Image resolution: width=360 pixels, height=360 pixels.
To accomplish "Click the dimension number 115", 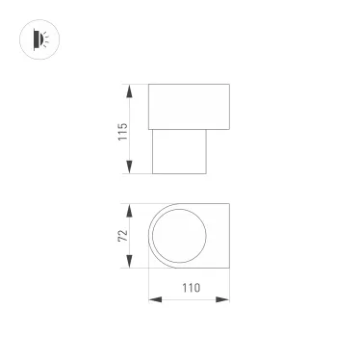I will coord(122,130).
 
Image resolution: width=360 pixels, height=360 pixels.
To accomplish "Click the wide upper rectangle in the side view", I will coord(189,106).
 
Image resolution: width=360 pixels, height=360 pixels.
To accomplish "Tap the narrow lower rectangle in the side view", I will coord(180,150).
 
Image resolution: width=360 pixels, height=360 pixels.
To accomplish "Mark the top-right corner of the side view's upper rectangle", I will coord(229,86).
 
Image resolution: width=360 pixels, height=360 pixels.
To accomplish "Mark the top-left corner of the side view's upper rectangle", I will coord(148,86).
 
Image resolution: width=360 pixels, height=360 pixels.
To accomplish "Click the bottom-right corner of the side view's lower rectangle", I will coord(207,175).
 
